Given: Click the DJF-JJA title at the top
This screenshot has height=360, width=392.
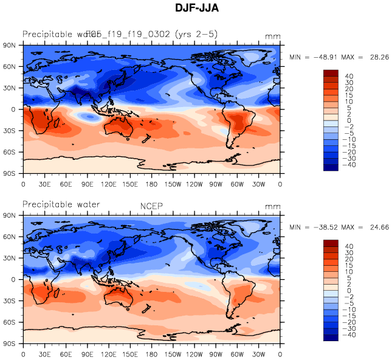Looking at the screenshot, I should coord(196,9).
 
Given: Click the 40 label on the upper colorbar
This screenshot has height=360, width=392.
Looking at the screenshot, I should coord(349,77).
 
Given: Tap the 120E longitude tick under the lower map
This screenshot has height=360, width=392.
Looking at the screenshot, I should coord(109,353).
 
